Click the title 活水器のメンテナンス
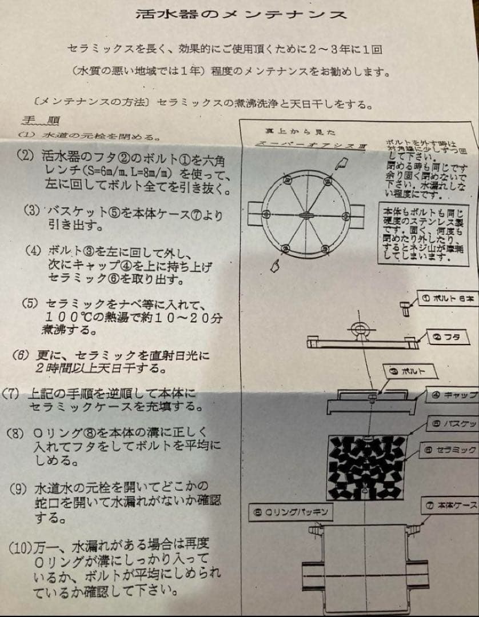pyautogui.click(x=241, y=14)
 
